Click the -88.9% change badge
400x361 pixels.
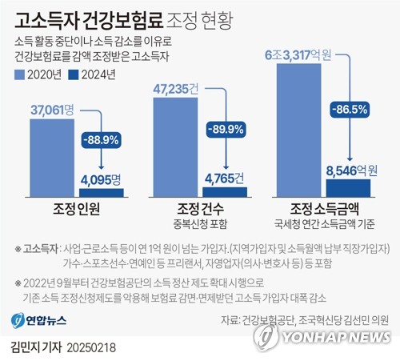pos(102,139)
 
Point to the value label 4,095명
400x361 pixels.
pos(102,180)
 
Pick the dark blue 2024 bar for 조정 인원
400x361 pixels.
pos(102,192)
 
